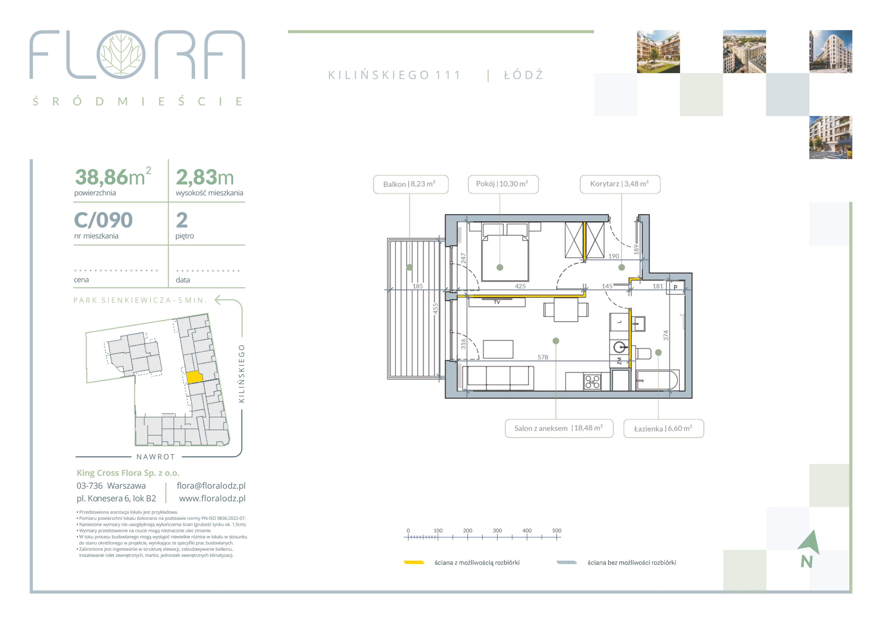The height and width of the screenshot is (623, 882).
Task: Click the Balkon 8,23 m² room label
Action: [x=410, y=184]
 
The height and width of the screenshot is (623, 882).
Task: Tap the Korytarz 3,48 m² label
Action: [x=620, y=184]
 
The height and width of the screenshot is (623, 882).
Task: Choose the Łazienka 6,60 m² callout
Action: [x=663, y=428]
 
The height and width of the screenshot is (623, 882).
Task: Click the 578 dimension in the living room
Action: [x=543, y=357]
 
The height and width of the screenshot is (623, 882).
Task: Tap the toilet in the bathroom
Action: [x=643, y=353]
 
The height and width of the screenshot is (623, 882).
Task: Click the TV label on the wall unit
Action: [x=497, y=302]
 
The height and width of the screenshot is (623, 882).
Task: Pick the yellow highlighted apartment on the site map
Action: [x=194, y=377]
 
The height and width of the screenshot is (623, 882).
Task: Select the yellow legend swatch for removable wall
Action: [x=414, y=562]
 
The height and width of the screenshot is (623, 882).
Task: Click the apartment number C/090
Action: [x=103, y=220]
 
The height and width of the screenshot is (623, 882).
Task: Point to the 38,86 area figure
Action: [x=101, y=177]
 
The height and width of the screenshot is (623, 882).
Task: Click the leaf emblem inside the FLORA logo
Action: [x=121, y=55]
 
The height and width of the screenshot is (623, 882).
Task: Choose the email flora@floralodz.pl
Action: [x=211, y=486]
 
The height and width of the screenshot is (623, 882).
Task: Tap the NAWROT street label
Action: [x=155, y=457]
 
